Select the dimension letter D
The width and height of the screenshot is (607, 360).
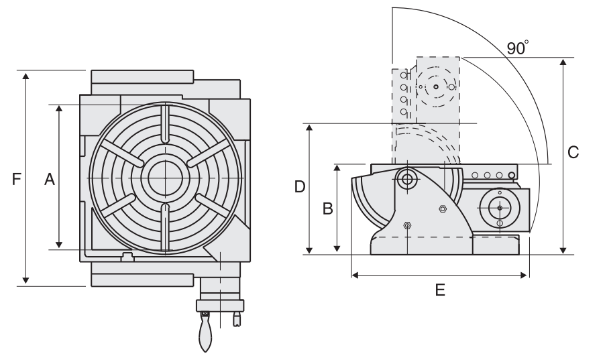[300, 187]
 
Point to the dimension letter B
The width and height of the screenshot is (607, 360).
[327, 208]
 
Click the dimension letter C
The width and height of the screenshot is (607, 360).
[573, 153]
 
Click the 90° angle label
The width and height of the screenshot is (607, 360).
[517, 48]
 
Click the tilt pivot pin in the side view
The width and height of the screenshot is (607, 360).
[406, 178]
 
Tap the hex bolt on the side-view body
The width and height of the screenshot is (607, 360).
[442, 209]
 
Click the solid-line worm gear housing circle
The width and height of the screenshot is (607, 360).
[500, 208]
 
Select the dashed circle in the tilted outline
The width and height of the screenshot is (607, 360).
[435, 87]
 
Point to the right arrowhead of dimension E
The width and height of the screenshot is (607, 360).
[525, 274]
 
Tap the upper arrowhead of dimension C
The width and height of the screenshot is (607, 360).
[562, 62]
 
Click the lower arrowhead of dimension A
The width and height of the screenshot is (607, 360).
[59, 244]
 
